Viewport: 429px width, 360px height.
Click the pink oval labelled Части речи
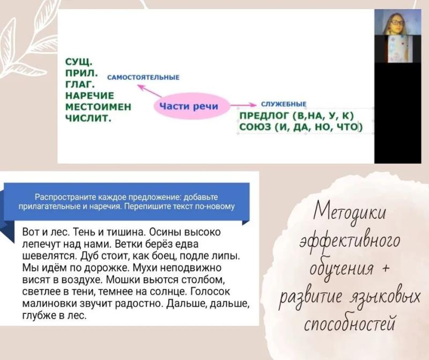(191, 106)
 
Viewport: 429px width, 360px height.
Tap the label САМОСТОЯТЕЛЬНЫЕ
(143, 77)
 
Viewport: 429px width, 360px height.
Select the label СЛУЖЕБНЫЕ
(284, 104)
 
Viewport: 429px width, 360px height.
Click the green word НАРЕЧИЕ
(90, 95)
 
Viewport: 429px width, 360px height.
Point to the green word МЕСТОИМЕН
(99, 107)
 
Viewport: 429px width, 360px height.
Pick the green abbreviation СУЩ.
(79, 62)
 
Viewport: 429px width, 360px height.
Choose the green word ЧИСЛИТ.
(88, 118)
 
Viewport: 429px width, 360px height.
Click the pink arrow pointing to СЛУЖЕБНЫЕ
(243, 105)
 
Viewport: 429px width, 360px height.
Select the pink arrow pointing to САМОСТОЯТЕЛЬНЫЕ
(150, 91)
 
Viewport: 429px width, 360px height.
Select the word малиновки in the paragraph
(49, 304)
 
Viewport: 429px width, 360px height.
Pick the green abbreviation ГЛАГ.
(80, 84)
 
